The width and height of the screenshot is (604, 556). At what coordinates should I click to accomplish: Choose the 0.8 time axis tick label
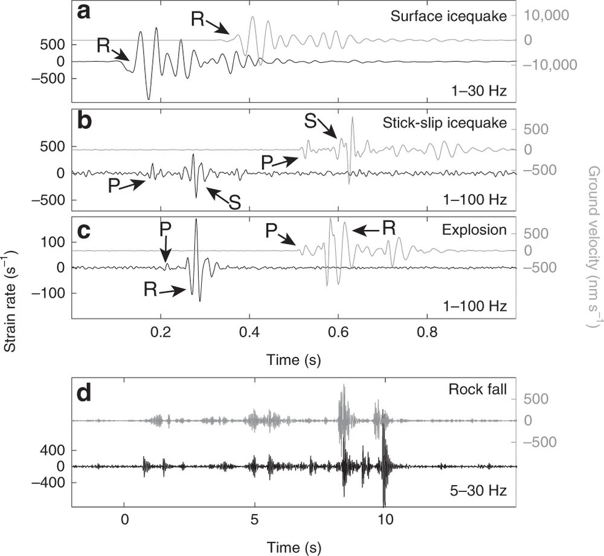pyautogui.click(x=427, y=333)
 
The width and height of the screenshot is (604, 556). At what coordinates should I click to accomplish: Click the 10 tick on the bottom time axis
pyautogui.click(x=385, y=519)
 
